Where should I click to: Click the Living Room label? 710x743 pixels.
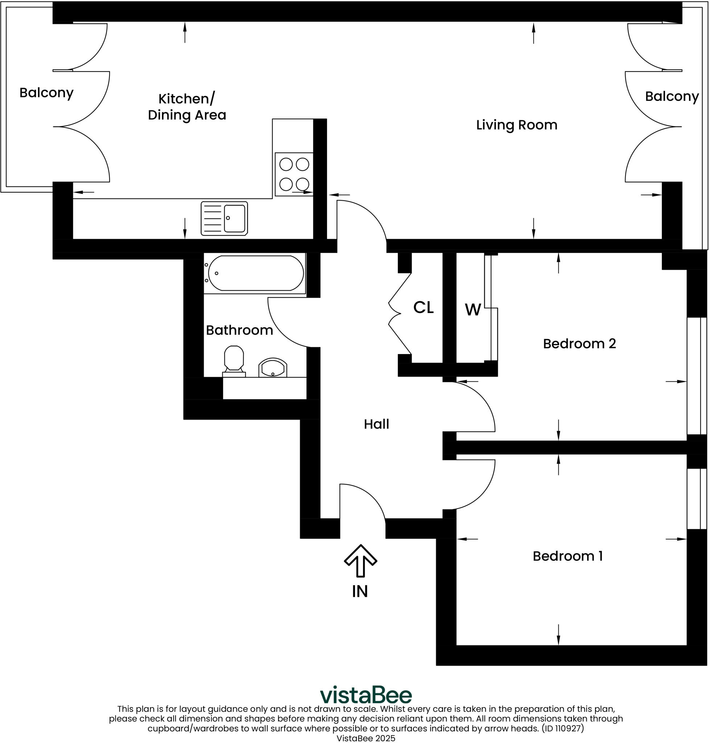[517, 125]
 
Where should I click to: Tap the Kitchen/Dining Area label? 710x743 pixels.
[187, 107]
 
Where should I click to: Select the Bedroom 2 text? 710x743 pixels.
[579, 344]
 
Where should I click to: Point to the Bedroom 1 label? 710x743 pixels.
[568, 556]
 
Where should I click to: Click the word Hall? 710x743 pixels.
[376, 424]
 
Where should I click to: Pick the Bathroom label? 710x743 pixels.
[239, 330]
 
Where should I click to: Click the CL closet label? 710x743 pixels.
[423, 307]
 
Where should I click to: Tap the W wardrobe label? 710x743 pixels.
[473, 310]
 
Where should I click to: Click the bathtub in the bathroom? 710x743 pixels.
[255, 273]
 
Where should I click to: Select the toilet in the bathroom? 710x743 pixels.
[234, 361]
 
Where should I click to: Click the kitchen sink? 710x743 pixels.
[224, 218]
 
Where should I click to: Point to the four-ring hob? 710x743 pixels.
[294, 174]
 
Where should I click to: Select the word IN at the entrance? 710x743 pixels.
[360, 591]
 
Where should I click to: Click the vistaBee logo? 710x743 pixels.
[366, 695]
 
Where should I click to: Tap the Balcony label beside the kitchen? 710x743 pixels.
[46, 93]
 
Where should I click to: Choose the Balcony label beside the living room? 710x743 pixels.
[672, 96]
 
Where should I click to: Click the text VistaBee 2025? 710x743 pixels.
[366, 738]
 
